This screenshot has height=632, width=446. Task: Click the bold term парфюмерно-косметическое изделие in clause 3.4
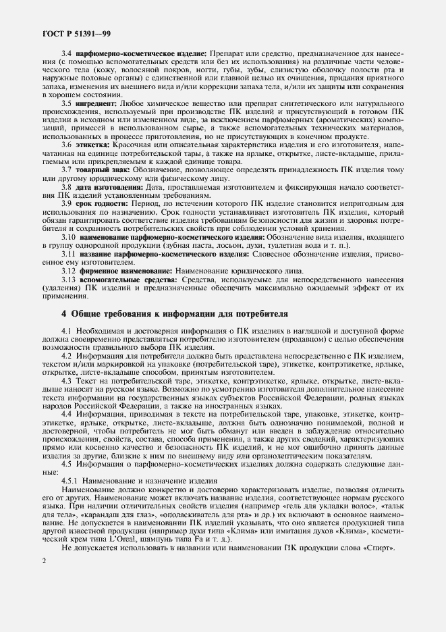point(142,53)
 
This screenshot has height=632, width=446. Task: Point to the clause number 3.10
point(68,237)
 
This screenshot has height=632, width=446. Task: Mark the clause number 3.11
point(68,254)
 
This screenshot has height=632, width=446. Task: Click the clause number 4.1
point(66,329)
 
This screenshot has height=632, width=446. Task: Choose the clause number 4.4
point(66,413)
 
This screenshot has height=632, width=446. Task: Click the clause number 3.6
point(66,145)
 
